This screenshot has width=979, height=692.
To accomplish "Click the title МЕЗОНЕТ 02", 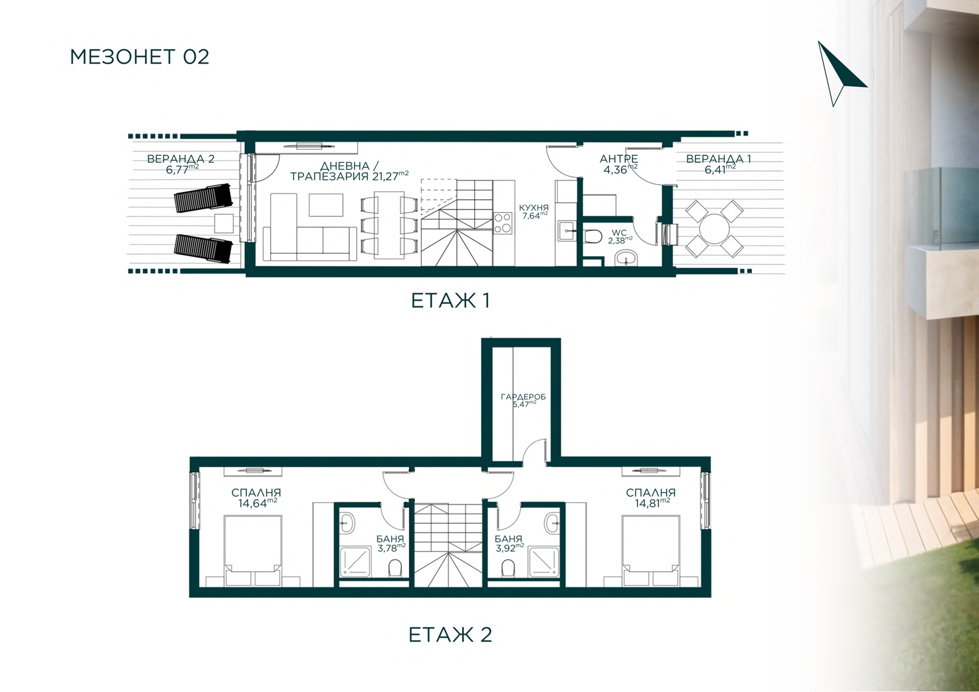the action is tap(139, 57).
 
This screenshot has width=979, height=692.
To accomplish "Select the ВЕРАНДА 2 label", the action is tap(181, 164).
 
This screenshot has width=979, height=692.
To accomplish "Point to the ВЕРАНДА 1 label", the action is tap(719, 164).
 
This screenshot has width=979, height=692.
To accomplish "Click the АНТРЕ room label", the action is tap(619, 164).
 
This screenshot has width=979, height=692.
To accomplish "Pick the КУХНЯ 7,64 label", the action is tap(534, 211).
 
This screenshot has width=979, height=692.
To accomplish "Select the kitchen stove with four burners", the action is tap(503, 222).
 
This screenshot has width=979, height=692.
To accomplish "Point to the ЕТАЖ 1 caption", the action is tap(450, 301).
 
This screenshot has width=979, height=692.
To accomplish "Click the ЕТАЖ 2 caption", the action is tap(450, 635).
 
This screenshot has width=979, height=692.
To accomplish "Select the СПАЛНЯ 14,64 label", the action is tap(257, 498).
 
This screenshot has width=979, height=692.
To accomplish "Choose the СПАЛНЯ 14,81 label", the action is tap(651, 498).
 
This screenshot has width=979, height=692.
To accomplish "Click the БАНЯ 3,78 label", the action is tap(390, 544).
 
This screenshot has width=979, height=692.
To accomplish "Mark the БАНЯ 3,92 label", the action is tap(509, 544).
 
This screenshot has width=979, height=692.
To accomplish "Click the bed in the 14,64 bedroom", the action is tap(253, 550).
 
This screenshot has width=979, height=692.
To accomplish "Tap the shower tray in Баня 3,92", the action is tap(543, 563).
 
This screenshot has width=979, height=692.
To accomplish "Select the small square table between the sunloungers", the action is tap(224, 224).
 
